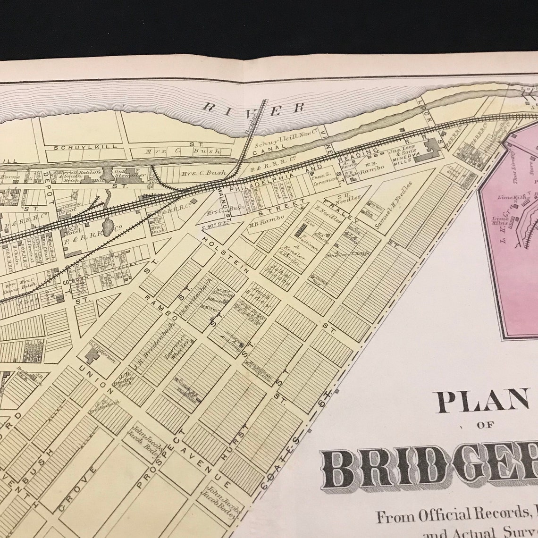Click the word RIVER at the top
click(x=253, y=108)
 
